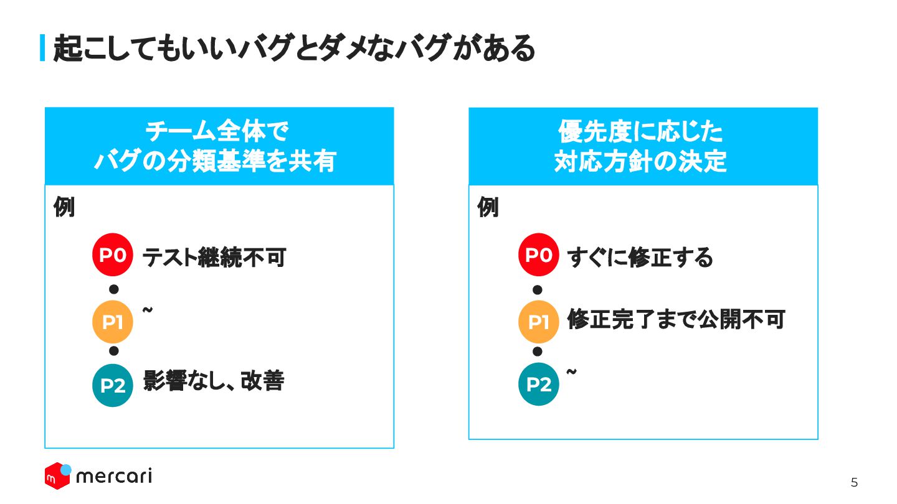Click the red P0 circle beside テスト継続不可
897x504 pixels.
click(x=113, y=255)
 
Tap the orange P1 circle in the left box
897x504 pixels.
click(x=113, y=322)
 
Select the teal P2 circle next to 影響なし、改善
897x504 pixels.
click(x=113, y=386)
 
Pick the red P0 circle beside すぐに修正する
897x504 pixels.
click(x=539, y=255)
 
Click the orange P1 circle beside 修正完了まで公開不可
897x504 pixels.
click(x=539, y=322)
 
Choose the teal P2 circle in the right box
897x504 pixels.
click(x=539, y=385)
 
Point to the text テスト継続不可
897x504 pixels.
click(x=214, y=257)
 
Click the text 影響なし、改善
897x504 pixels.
click(x=214, y=381)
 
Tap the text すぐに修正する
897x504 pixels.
click(x=640, y=257)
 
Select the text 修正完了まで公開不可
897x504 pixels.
click(x=676, y=319)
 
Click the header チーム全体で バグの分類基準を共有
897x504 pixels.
click(x=219, y=147)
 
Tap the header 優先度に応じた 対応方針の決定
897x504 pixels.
click(x=643, y=147)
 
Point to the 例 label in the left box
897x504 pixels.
click(x=64, y=208)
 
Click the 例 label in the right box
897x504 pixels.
click(x=488, y=208)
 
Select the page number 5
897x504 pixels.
click(x=854, y=482)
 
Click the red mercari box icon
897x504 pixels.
click(x=57, y=477)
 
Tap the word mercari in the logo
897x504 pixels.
click(x=113, y=477)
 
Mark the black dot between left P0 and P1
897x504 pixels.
click(x=113, y=289)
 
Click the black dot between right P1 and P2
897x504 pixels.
click(x=538, y=352)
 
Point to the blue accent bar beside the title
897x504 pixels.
click(x=42, y=48)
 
